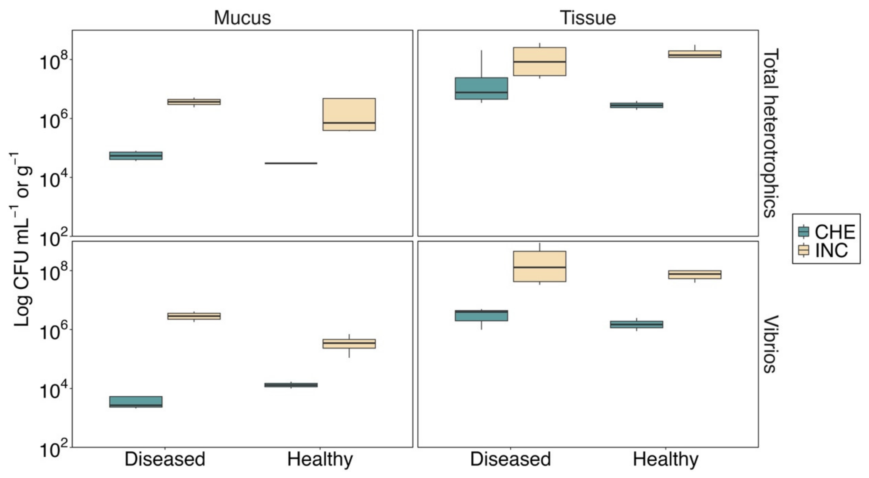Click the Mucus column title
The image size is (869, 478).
(x=242, y=18)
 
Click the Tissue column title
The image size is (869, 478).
(x=588, y=18)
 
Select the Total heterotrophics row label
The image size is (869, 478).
(x=771, y=133)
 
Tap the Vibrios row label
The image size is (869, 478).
(x=771, y=344)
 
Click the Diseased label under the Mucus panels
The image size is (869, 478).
(x=165, y=459)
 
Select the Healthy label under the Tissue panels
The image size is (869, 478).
(x=666, y=459)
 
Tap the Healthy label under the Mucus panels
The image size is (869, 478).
(x=320, y=459)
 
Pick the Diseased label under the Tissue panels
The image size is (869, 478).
(x=510, y=459)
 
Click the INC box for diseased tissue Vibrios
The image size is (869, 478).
(x=539, y=266)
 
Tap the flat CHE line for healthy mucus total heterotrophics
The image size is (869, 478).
(x=291, y=163)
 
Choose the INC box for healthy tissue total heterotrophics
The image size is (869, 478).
(x=695, y=54)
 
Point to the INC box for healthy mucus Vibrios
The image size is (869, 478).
(x=349, y=343)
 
